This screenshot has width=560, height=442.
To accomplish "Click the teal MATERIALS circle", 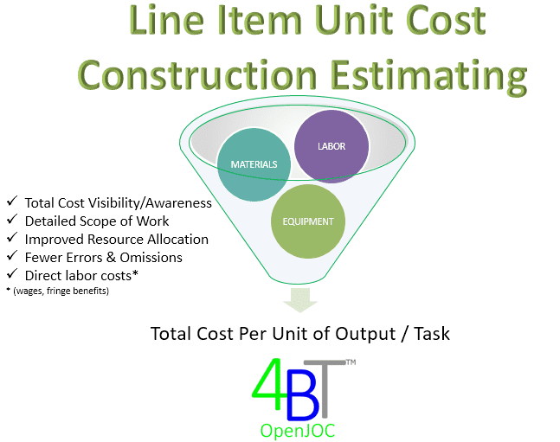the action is (254, 164).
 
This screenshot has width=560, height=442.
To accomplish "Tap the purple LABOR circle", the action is (331, 146).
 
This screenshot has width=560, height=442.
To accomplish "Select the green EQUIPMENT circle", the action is (308, 221).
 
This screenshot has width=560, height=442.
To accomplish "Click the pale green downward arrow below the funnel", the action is (300, 300).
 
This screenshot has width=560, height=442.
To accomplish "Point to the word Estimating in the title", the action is (429, 77).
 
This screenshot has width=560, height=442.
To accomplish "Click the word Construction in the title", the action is (197, 75).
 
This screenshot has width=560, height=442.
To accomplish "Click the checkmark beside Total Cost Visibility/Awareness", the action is (12, 201).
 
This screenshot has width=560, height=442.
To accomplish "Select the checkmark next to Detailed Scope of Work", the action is (12, 219).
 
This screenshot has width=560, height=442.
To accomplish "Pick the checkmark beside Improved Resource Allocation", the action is (12, 237).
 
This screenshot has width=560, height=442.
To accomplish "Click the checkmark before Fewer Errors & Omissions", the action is (12, 256).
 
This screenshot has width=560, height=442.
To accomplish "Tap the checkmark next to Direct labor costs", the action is (12, 274).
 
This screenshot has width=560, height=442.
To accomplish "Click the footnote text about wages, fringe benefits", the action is (58, 291).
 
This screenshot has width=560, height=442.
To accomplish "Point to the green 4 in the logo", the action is (268, 384).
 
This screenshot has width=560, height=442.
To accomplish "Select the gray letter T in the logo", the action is (325, 388).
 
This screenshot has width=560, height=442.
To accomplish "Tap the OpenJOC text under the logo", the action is (298, 431).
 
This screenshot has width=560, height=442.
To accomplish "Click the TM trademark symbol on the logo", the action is (351, 362).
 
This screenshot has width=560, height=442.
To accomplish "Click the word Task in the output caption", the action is (432, 334).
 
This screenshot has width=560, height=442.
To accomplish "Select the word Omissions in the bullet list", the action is (151, 258).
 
